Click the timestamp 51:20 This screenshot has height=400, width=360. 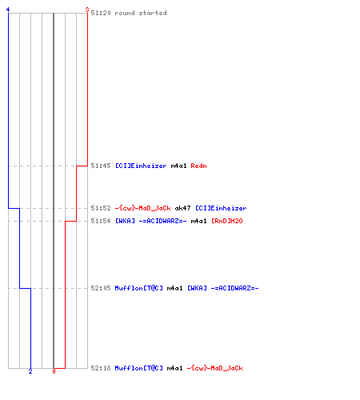[101, 13]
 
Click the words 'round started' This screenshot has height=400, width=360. [141, 13]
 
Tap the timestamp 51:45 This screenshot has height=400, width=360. [101, 166]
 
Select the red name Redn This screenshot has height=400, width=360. [198, 166]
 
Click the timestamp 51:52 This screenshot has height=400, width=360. [101, 208]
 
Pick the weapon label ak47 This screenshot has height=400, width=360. [182, 208]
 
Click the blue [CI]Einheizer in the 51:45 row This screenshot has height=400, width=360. [141, 166]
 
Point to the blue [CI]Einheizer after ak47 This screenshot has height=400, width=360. [221, 208]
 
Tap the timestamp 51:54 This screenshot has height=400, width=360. [101, 221]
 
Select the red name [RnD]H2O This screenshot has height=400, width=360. [227, 221]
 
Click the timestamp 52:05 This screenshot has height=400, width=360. [101, 288]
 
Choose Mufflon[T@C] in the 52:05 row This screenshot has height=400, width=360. [138, 288]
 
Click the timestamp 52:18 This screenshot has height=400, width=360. [101, 368]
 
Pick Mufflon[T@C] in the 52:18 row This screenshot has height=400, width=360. [138, 368]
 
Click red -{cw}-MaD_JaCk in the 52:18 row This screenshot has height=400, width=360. [215, 368]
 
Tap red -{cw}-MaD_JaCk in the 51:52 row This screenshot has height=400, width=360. [143, 208]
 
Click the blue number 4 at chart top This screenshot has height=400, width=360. [8, 10]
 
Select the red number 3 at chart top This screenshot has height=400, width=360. [87, 10]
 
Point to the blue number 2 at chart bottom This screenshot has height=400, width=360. [30, 371]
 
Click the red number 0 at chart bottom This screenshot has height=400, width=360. [54, 371]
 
